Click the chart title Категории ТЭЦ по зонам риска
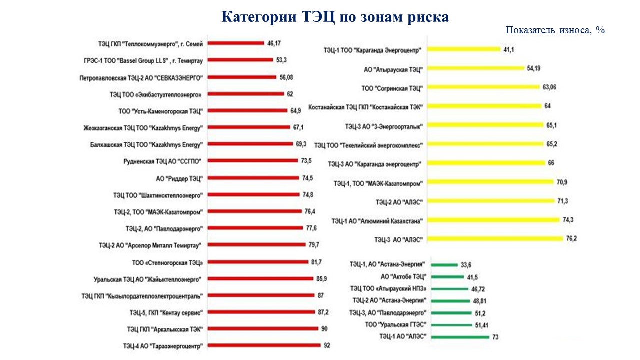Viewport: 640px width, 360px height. coord(335,17)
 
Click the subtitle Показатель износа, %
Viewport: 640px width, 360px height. coord(555,30)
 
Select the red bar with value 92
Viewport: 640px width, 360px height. coord(264,345)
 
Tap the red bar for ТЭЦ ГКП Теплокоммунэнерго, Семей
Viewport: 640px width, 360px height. coord(236,43)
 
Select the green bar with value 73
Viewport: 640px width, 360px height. coord(458,337)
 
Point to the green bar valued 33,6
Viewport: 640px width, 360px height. coord(443,264)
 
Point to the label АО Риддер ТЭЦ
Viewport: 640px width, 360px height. coord(180,178)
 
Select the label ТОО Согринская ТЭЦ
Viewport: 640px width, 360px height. coord(392,88)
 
